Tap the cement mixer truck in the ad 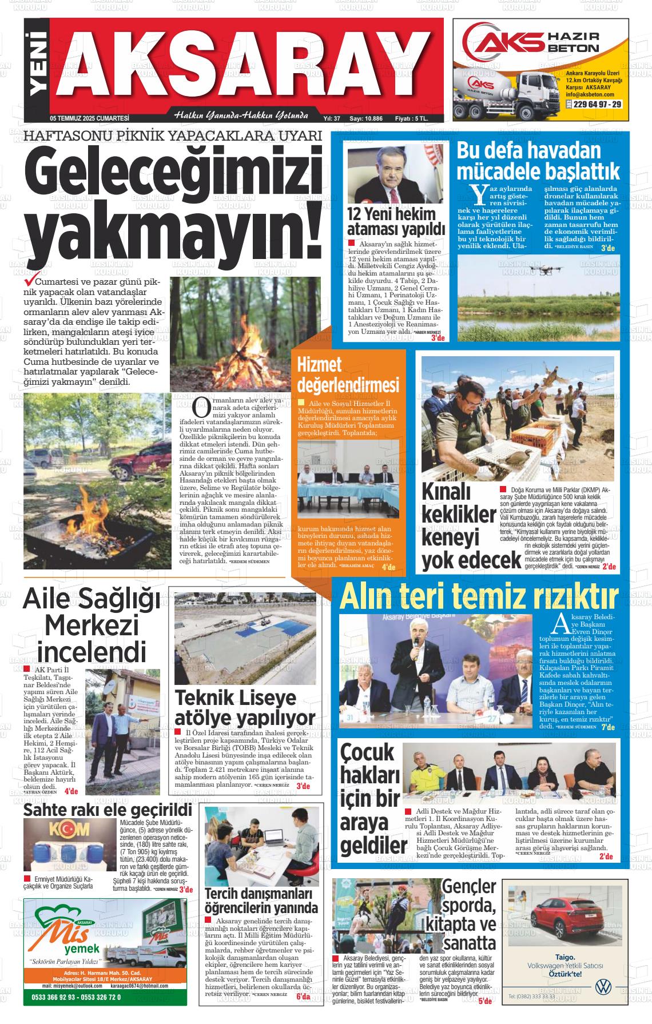500,92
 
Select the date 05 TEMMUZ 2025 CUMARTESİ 90,118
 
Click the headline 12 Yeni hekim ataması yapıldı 396,221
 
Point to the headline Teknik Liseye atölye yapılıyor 245,708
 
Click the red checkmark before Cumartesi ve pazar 26,282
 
